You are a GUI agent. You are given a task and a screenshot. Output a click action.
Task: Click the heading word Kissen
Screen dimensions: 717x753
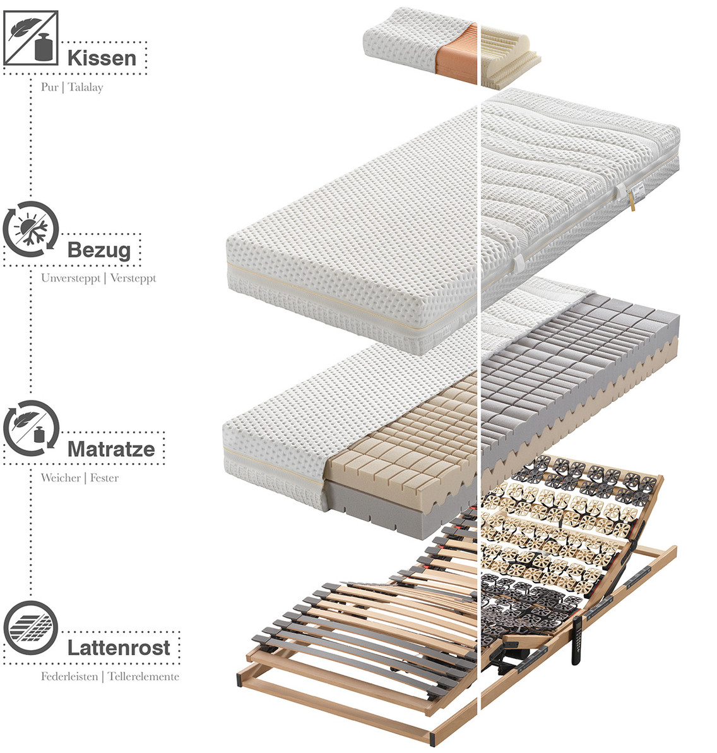pyautogui.click(x=102, y=58)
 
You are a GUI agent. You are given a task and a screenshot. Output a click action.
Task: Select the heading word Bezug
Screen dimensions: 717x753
pyautogui.click(x=99, y=250)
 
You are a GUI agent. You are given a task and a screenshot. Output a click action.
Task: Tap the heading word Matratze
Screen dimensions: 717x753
pyautogui.click(x=111, y=449)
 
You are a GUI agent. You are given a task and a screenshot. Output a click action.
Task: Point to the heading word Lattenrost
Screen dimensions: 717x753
pyautogui.click(x=119, y=648)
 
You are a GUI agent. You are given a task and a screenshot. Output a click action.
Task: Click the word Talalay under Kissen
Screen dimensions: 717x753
pyautogui.click(x=85, y=87)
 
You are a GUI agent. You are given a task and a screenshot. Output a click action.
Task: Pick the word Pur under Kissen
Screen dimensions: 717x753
pyautogui.click(x=50, y=87)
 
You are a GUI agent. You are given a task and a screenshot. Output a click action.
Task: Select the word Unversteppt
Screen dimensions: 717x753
pyautogui.click(x=71, y=278)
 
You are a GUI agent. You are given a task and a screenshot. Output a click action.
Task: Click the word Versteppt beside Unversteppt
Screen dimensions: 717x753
pyautogui.click(x=133, y=278)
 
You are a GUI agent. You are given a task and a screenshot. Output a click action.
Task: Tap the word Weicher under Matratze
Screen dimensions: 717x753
pyautogui.click(x=61, y=478)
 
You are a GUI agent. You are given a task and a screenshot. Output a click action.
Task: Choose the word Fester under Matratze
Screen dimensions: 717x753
pyautogui.click(x=104, y=478)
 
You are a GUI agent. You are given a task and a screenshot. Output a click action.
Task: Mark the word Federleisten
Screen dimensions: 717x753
pyautogui.click(x=69, y=677)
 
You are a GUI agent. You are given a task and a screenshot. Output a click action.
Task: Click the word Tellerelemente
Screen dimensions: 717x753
pyautogui.click(x=143, y=677)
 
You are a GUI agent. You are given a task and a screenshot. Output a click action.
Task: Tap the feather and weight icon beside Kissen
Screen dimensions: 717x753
pyautogui.click(x=31, y=37)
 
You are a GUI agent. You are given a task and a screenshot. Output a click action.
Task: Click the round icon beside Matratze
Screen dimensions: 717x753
pyautogui.click(x=31, y=428)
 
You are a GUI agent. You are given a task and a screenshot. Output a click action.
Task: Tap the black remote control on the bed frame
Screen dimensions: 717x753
pyautogui.click(x=577, y=639)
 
